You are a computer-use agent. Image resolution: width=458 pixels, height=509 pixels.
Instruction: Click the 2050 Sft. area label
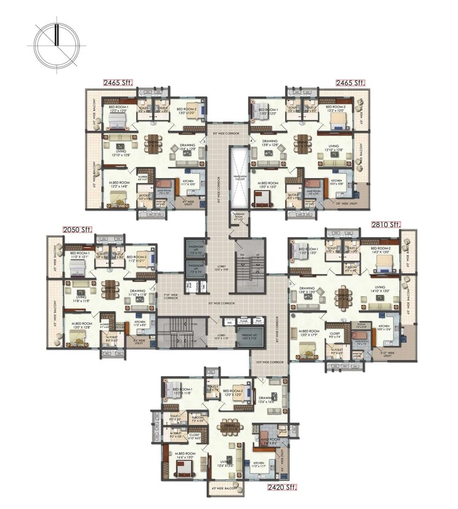point(77,230)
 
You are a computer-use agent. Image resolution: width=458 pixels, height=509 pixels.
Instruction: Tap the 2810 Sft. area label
point(385,225)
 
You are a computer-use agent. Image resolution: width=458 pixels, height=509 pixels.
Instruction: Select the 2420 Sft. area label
point(282,488)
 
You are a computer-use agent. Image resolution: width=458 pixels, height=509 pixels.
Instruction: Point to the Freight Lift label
point(250,336)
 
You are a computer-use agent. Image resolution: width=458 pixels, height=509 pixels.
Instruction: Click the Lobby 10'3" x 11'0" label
point(221,337)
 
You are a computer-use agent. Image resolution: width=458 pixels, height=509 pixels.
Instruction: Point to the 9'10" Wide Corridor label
point(172,295)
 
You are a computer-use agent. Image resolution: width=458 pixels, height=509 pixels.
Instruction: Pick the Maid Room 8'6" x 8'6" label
point(270,441)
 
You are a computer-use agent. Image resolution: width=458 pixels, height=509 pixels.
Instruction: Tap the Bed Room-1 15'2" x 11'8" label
point(183,390)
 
